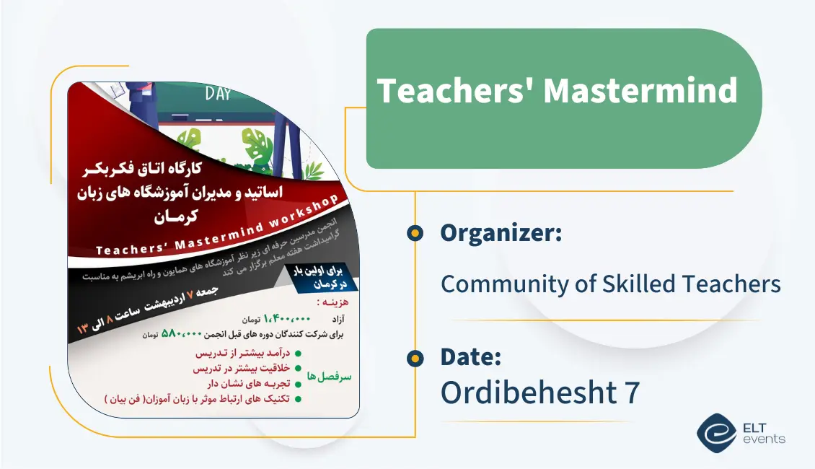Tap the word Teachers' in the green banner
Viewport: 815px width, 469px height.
455,91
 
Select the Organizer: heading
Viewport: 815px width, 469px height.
501,233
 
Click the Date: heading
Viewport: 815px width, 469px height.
470,356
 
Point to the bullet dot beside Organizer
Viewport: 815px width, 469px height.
415,233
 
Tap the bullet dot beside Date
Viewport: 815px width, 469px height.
415,357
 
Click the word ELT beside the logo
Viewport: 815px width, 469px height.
757,426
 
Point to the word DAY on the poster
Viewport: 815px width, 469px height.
218,94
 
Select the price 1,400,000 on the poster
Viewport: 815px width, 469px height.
288,318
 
